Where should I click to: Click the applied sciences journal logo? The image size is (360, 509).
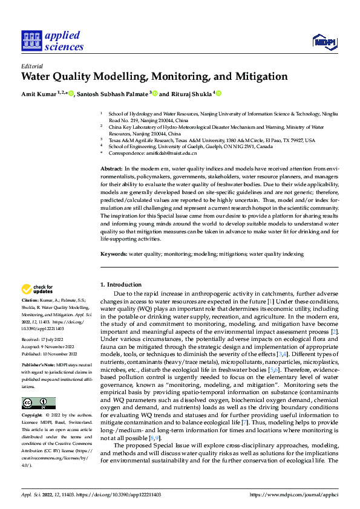point(53,41)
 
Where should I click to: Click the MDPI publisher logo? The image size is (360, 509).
point(325,41)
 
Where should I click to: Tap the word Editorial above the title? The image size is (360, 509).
point(31,65)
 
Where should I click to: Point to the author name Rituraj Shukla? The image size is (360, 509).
point(189,94)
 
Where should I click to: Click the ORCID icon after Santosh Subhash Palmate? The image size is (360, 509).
point(155,94)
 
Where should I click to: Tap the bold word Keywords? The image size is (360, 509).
point(114,254)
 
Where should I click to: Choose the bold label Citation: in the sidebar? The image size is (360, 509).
point(32,300)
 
